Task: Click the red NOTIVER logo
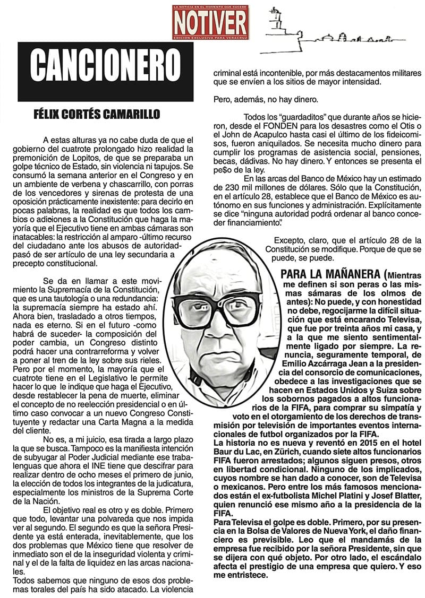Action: [x=210, y=21]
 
